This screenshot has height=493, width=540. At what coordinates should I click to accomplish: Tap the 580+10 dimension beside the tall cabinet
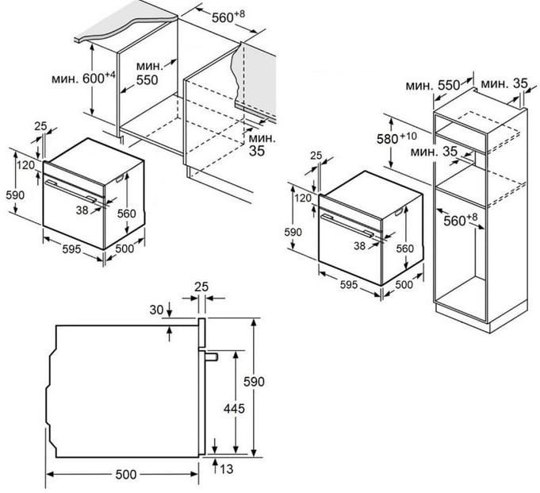point(396,138)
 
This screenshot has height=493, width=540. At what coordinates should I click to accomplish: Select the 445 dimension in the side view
point(234,409)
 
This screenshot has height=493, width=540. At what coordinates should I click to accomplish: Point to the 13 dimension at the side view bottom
point(227,469)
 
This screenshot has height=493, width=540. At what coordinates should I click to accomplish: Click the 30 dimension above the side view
point(156,310)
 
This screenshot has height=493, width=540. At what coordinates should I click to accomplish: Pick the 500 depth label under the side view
point(126,475)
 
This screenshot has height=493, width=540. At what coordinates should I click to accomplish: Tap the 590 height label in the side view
point(254,382)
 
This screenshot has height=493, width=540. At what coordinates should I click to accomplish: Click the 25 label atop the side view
point(201,287)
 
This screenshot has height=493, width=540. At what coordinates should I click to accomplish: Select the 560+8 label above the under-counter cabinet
point(228,17)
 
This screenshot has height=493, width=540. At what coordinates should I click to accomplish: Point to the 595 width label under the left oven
point(71,249)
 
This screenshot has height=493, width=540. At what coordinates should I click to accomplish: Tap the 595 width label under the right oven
point(349,285)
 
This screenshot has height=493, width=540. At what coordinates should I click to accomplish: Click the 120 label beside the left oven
point(26,165)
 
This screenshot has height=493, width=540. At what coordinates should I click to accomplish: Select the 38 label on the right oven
point(359,245)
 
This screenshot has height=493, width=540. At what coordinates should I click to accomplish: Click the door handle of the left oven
point(71,191)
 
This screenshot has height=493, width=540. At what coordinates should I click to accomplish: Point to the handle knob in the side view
point(212,357)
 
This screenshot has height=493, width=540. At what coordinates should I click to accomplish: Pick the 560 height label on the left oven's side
point(127,214)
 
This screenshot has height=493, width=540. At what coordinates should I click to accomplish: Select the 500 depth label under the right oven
point(404,284)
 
